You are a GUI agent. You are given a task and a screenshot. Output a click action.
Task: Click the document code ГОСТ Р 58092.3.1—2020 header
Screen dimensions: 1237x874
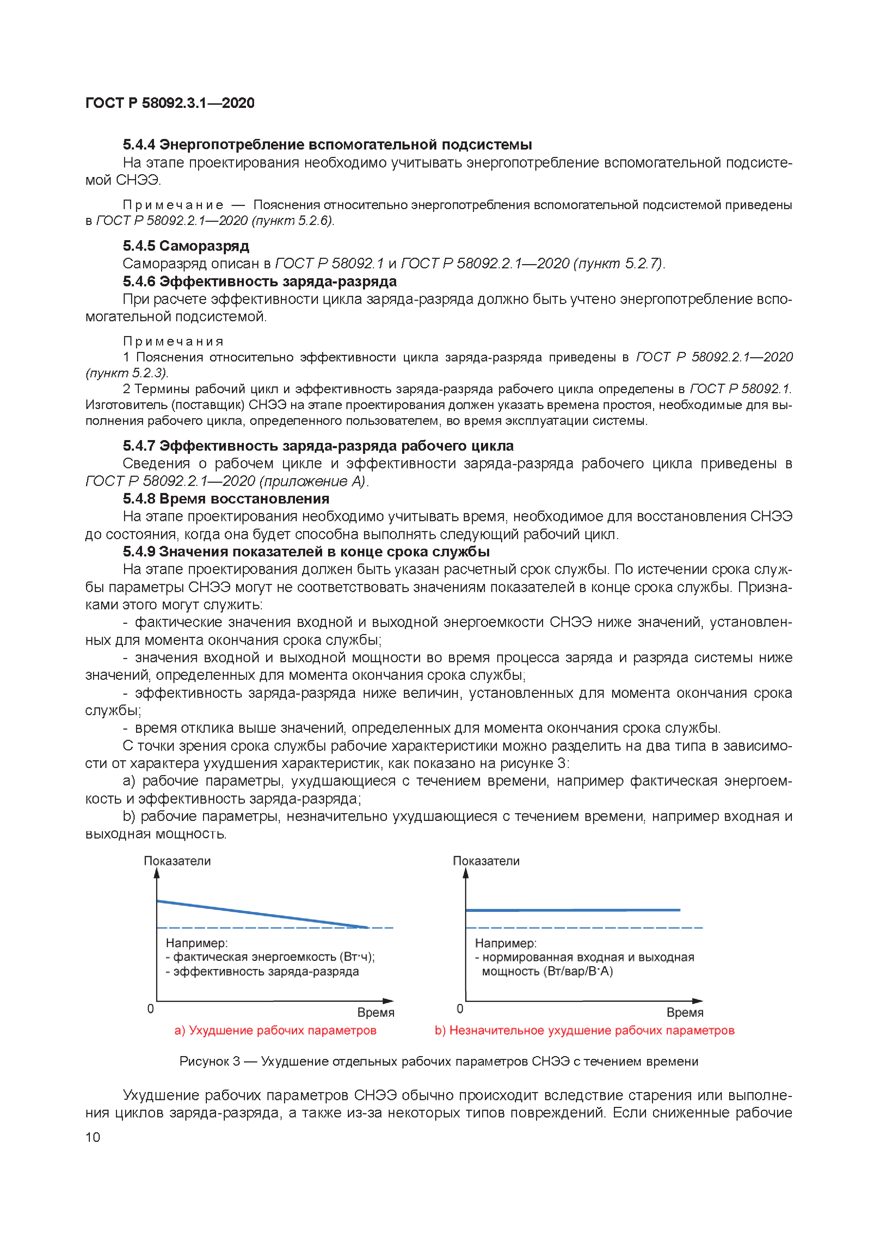pos(170,103)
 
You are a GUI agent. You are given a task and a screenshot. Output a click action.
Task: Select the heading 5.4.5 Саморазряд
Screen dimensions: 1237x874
pos(186,246)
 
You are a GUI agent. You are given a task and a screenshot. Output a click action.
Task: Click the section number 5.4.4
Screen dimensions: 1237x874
pos(139,144)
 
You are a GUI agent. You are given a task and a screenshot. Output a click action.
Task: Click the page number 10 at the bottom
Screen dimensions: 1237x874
pos(93,1137)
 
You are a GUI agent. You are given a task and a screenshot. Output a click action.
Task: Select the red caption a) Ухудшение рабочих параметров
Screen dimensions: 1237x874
pos(275,1030)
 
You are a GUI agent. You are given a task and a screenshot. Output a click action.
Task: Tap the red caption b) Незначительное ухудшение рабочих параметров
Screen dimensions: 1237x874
pos(584,1030)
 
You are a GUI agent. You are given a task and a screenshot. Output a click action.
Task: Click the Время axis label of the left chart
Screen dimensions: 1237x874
pos(376,1012)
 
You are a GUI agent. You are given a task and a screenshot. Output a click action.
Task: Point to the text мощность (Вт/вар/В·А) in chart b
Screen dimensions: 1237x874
pos(547,971)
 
